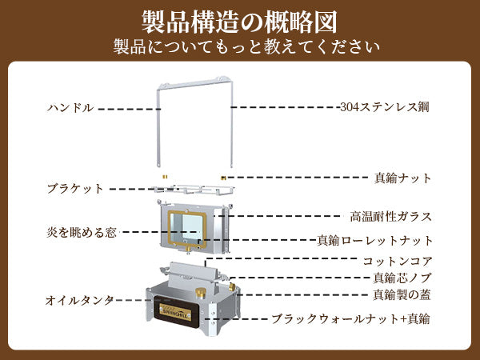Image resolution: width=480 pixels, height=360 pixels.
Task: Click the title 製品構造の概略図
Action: [239, 19]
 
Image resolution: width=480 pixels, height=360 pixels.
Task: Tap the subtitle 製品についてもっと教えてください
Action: [239, 46]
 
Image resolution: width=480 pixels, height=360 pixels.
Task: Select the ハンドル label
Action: [70, 107]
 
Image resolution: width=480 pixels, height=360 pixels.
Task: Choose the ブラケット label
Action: [75, 189]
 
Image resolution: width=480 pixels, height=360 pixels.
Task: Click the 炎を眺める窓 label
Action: [82, 232]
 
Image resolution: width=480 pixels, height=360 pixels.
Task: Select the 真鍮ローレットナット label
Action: [375, 240]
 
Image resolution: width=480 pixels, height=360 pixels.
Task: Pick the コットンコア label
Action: [398, 261]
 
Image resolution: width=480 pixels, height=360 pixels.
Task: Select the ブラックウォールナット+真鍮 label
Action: [350, 318]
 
